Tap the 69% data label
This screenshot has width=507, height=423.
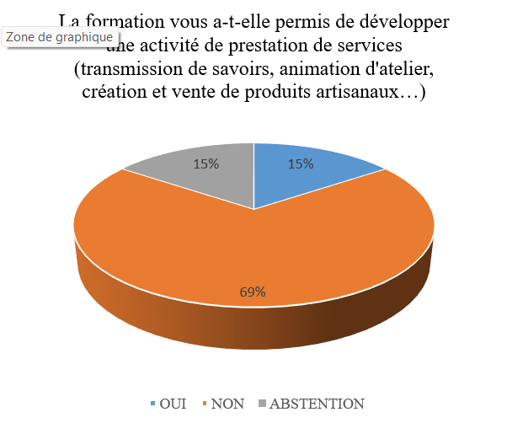coord(252,292)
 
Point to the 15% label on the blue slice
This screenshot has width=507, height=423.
coord(302,164)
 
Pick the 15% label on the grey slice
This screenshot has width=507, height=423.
coord(206,164)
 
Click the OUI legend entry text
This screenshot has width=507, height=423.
coord(173,404)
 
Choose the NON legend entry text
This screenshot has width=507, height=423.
coord(227,404)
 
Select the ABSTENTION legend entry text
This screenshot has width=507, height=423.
coord(317,404)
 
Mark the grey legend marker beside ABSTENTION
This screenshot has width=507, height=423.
coord(262,404)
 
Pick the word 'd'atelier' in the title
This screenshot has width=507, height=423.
coord(401,67)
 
